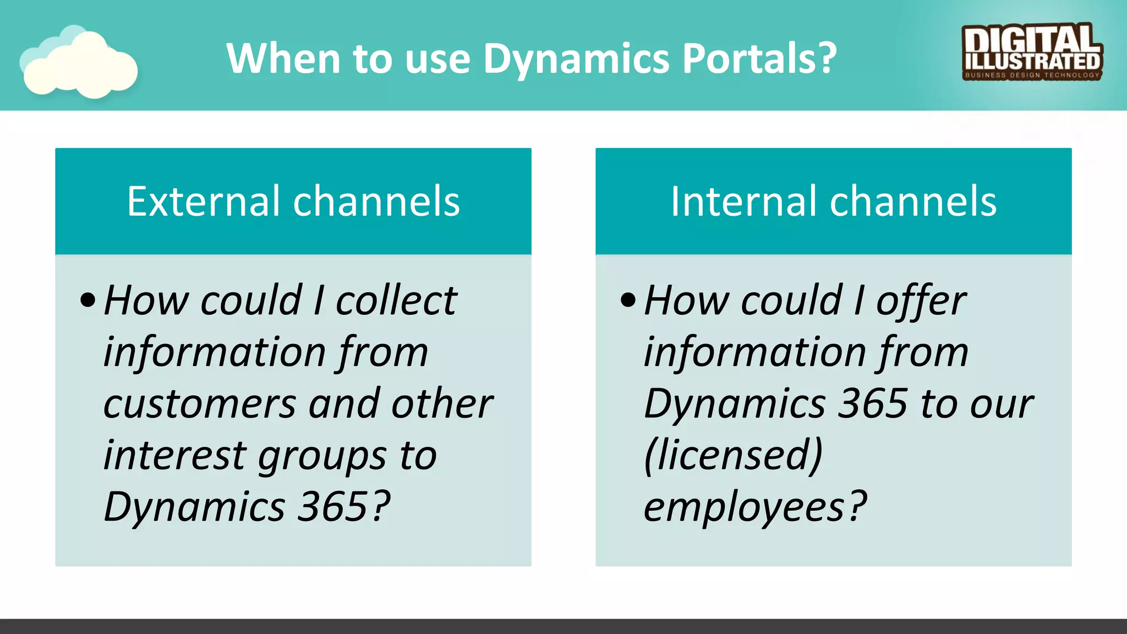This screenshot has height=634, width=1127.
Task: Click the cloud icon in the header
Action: (x=79, y=63)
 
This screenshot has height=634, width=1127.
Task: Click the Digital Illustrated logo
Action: (x=1032, y=52)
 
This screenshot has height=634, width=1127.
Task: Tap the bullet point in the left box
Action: (x=87, y=300)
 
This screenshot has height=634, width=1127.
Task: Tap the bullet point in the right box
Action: (x=628, y=300)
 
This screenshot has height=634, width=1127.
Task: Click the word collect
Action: (x=396, y=300)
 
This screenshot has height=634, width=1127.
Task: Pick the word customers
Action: (x=200, y=404)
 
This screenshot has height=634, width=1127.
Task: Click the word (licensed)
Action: (x=733, y=456)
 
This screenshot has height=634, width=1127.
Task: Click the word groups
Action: (x=322, y=457)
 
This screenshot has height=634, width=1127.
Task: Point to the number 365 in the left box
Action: (x=332, y=506)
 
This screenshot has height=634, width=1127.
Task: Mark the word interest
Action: (x=174, y=456)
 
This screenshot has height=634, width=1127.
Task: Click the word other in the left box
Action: (x=442, y=404)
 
